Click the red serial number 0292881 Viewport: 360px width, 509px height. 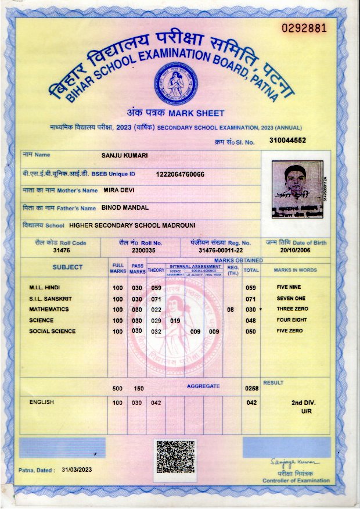click(304, 28)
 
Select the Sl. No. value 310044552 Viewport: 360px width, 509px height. click(287, 141)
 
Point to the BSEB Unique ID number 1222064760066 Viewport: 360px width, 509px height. click(180, 174)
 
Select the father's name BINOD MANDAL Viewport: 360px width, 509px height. click(125, 207)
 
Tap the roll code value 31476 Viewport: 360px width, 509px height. click(61, 250)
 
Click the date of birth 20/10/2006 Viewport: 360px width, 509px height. click(296, 250)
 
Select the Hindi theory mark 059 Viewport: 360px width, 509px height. click(156, 288)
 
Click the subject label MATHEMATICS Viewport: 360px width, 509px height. click(49, 310)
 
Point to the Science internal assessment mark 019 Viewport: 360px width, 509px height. click(175, 321)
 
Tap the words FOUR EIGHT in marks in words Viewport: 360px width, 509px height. click(292, 320)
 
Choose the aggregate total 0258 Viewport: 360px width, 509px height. click(251, 388)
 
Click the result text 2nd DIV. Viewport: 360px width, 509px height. click(303, 402)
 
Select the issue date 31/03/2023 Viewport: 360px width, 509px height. click(77, 469)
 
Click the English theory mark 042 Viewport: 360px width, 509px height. click(156, 402)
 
